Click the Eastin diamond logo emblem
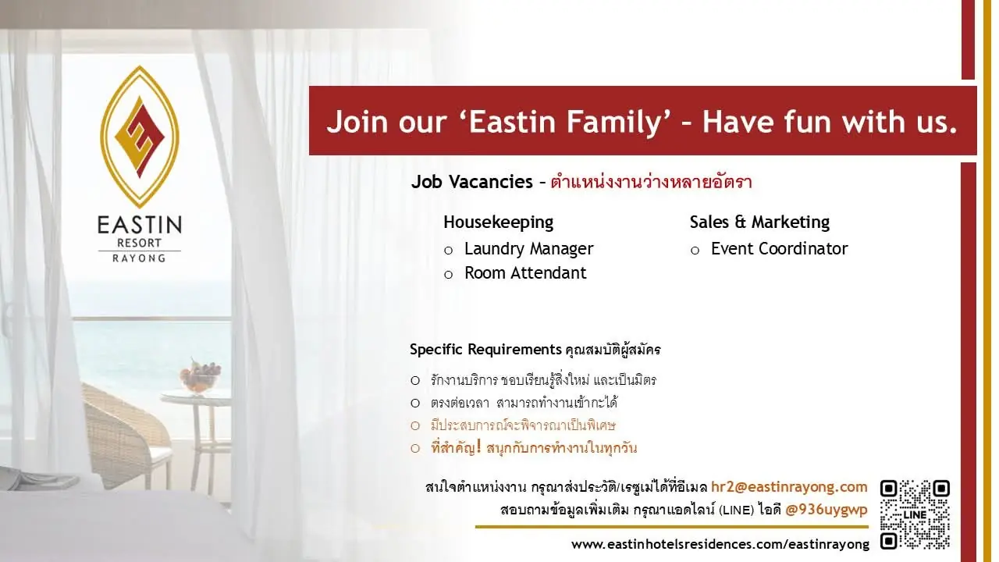point(140,137)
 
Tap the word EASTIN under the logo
point(140,225)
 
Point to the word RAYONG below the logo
point(139,258)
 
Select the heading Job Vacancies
point(472,182)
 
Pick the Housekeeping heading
point(498,222)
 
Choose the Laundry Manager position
point(529,249)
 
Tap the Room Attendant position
point(525,272)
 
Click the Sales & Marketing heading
point(759,222)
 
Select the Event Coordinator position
point(779,248)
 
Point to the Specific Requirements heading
point(485,349)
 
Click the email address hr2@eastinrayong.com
point(789,486)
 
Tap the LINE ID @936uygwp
point(827,510)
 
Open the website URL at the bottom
point(720,544)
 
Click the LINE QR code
point(915,514)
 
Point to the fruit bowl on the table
point(200,377)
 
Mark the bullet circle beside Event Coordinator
point(695,251)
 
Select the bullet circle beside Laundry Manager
point(448,251)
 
